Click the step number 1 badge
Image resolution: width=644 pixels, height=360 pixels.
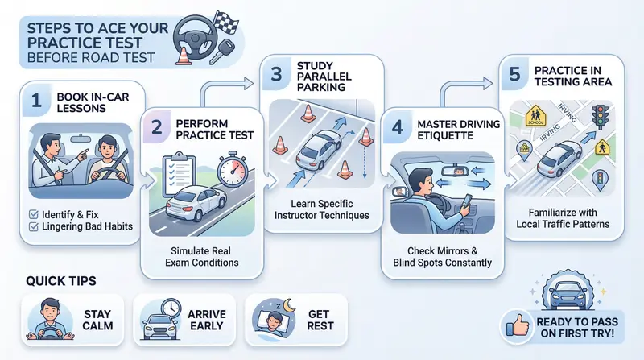37,100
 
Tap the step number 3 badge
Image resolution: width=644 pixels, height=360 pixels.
276,73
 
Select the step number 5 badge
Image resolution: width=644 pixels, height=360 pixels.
514,74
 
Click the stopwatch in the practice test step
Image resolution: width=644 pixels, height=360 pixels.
233,170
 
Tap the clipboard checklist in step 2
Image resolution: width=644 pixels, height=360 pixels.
179,174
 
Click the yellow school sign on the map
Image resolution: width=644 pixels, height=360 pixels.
535,116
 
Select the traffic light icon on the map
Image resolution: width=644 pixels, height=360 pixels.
600,117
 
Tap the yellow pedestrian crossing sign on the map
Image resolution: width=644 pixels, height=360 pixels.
602,147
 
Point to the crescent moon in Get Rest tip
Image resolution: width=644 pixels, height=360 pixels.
290,305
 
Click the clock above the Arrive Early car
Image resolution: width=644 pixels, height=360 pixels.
171,308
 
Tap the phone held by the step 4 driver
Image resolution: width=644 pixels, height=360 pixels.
468,201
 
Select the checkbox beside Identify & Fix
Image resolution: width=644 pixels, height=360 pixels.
34,214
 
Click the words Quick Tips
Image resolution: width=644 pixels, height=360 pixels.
61,281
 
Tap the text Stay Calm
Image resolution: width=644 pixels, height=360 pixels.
97,320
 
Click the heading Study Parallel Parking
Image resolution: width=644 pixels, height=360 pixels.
324,77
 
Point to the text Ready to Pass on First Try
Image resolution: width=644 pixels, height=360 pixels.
577,328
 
